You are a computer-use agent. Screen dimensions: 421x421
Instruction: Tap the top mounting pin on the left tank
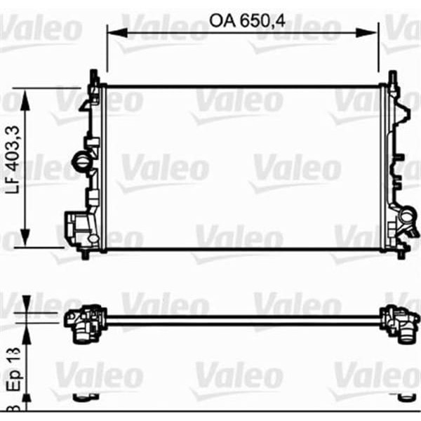coord(93,75)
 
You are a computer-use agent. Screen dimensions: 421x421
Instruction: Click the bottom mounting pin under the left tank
coord(85,253)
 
